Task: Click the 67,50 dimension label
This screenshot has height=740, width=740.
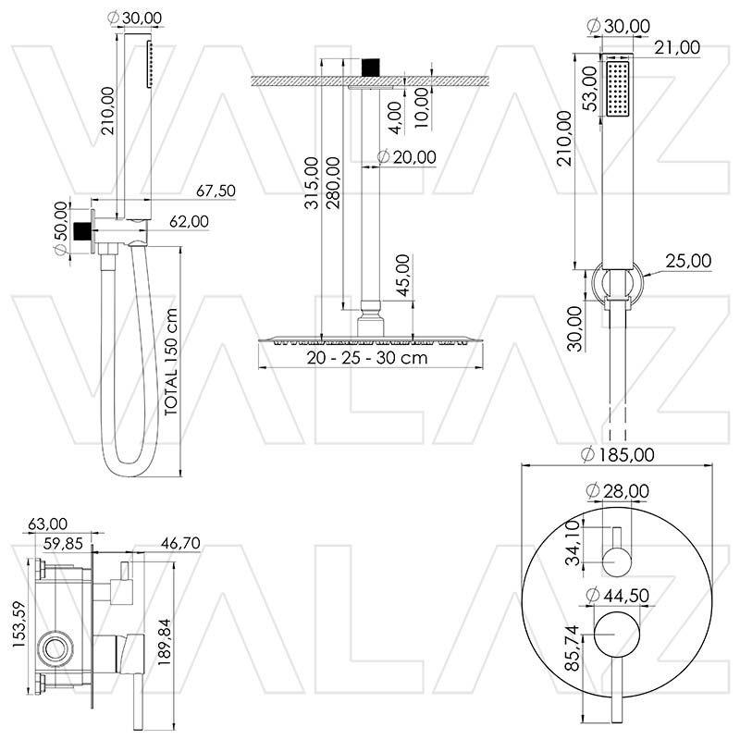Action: click(217, 191)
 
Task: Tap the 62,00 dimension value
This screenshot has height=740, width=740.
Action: click(189, 221)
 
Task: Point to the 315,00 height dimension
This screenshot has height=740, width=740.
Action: click(312, 182)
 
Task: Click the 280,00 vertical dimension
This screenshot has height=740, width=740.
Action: click(332, 182)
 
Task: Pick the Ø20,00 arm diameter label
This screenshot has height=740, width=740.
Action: click(407, 157)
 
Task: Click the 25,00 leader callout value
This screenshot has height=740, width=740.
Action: click(689, 262)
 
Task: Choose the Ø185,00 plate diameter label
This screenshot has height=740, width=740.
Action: click(618, 454)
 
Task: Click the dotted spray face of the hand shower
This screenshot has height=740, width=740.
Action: click(617, 91)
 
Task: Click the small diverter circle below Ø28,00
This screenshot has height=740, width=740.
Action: click(616, 559)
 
